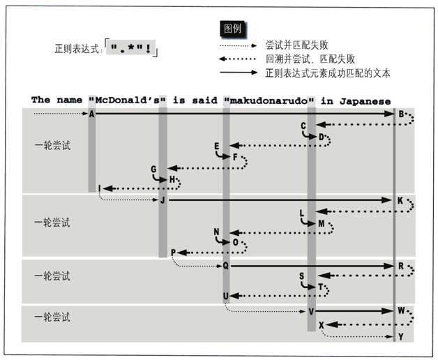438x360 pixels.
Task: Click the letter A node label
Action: (92, 114)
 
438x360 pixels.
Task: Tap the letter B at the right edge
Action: (401, 114)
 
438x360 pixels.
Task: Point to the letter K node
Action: (400, 201)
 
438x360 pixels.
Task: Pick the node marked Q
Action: (225, 266)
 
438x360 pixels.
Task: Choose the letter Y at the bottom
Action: (400, 337)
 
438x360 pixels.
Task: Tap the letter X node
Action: (321, 325)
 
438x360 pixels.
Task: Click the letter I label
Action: (100, 188)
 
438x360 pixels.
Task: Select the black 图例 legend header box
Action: (232, 29)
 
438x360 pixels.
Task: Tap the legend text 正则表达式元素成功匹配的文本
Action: (328, 73)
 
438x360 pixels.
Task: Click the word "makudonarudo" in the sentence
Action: (270, 100)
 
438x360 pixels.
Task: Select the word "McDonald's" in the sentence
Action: (127, 100)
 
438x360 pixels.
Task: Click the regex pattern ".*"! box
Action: (133, 50)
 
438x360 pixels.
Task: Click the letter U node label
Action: (226, 296)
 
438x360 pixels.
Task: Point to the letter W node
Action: (401, 310)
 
